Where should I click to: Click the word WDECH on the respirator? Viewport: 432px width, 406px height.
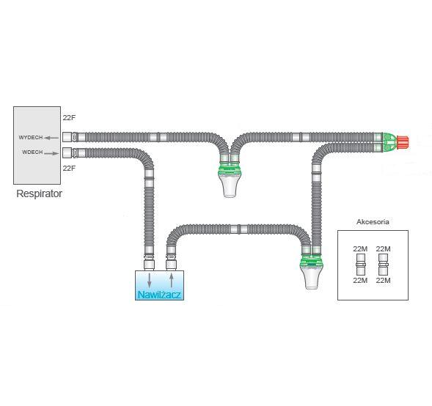(32, 152)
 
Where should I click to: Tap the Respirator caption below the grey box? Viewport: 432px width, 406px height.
(40, 194)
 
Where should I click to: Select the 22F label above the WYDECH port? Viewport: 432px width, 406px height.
(69, 117)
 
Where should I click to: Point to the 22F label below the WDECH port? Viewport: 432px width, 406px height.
(69, 169)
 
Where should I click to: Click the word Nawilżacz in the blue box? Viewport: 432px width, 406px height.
(160, 295)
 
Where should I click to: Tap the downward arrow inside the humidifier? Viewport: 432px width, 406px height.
(150, 280)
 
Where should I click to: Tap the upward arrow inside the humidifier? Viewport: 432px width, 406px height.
(172, 280)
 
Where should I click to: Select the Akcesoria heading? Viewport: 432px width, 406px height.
(373, 221)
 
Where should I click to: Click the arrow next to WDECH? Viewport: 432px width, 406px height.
(51, 152)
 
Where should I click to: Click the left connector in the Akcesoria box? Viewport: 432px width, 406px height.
(360, 265)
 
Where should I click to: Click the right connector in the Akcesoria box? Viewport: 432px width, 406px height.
(383, 265)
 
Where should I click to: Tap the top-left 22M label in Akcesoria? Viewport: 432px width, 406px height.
(360, 249)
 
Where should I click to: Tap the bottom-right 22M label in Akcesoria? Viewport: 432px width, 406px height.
(383, 281)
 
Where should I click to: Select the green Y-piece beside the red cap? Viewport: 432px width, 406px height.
(389, 141)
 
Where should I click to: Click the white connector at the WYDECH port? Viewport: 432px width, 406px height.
(69, 137)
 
